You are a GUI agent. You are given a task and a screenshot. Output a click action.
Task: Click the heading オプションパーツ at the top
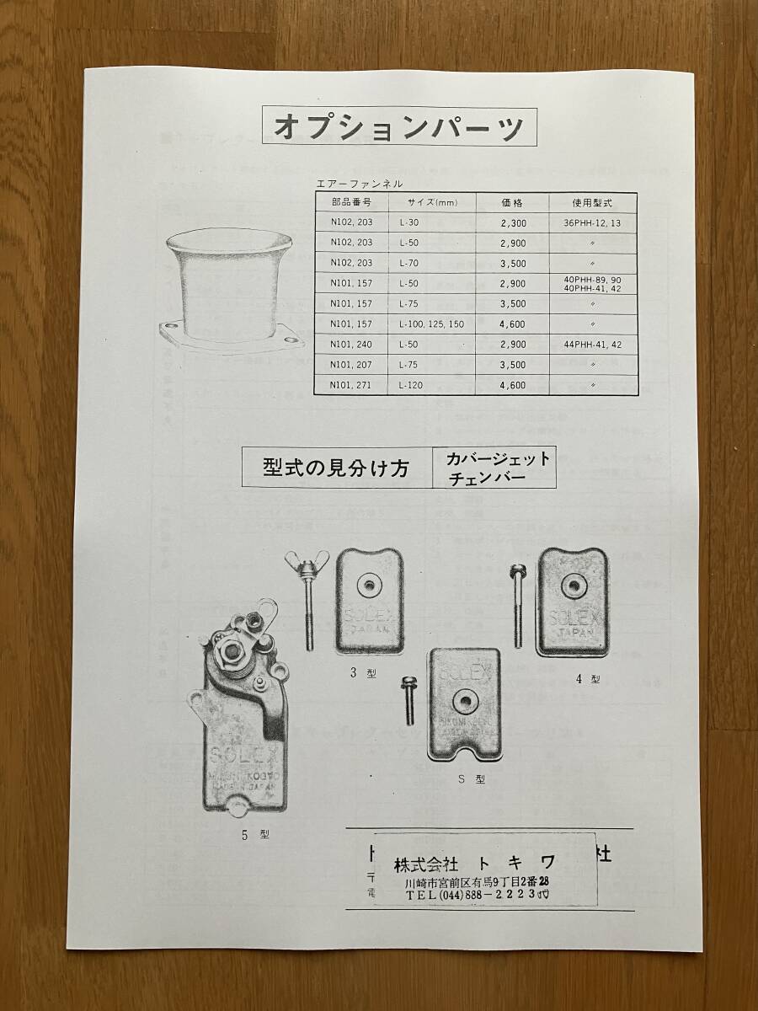(398, 128)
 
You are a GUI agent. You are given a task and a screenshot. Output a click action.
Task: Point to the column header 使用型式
(594, 203)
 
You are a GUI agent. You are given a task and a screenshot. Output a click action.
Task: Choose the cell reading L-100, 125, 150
(433, 324)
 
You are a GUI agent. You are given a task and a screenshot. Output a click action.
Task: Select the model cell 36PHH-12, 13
(593, 223)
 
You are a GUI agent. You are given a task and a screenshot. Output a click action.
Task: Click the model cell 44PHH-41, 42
(593, 345)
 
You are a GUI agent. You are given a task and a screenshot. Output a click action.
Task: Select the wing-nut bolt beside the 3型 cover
(305, 597)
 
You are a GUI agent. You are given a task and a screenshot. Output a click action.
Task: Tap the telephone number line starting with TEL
(477, 896)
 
